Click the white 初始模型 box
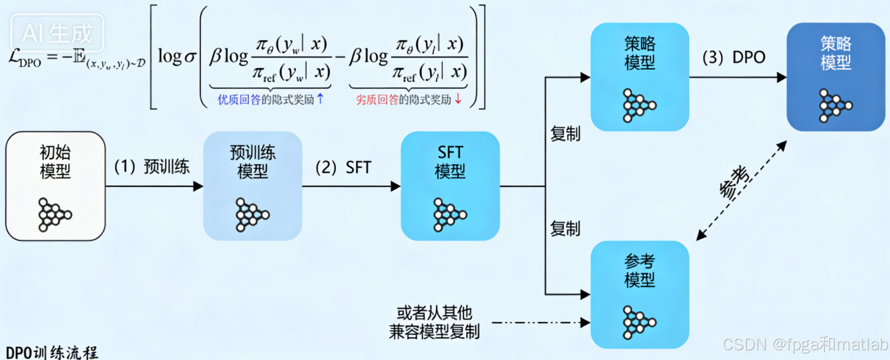[x=55, y=186]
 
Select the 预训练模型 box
[x=253, y=186]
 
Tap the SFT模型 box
[x=450, y=186]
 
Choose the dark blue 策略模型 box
[x=836, y=77]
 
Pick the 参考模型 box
[x=640, y=295]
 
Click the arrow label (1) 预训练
[x=151, y=167]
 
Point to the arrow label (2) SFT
[x=343, y=167]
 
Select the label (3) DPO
[x=734, y=58]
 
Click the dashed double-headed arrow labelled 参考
[x=741, y=190]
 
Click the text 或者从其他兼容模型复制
[x=434, y=322]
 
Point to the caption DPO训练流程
[x=52, y=352]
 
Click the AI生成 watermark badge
[x=57, y=33]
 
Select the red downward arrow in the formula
[x=458, y=99]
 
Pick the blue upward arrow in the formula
[x=320, y=99]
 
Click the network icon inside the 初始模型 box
[x=54, y=214]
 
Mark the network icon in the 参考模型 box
[x=639, y=322]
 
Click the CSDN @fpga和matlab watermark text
[x=805, y=345]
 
